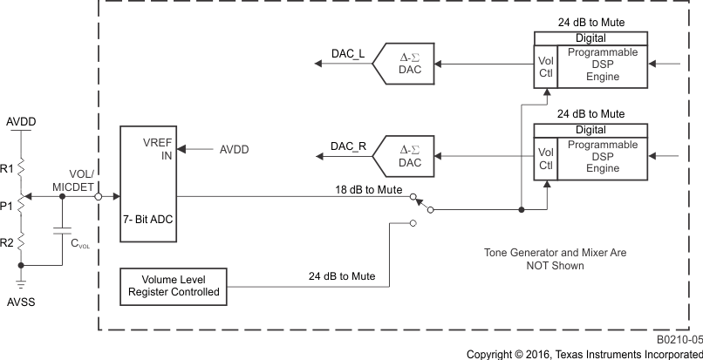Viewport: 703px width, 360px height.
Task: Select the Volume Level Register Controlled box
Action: (174, 285)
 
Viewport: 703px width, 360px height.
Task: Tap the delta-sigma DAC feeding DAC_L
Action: (405, 65)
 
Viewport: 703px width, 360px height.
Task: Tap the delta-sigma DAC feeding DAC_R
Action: (405, 157)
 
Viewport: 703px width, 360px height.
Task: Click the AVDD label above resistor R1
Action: (23, 120)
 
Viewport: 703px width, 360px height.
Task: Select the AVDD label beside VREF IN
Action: (234, 150)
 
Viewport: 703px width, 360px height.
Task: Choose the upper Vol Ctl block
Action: (545, 65)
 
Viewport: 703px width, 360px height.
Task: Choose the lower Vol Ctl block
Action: (545, 158)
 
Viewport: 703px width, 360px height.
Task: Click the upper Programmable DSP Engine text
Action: (603, 65)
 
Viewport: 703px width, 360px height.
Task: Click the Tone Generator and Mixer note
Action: (555, 259)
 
